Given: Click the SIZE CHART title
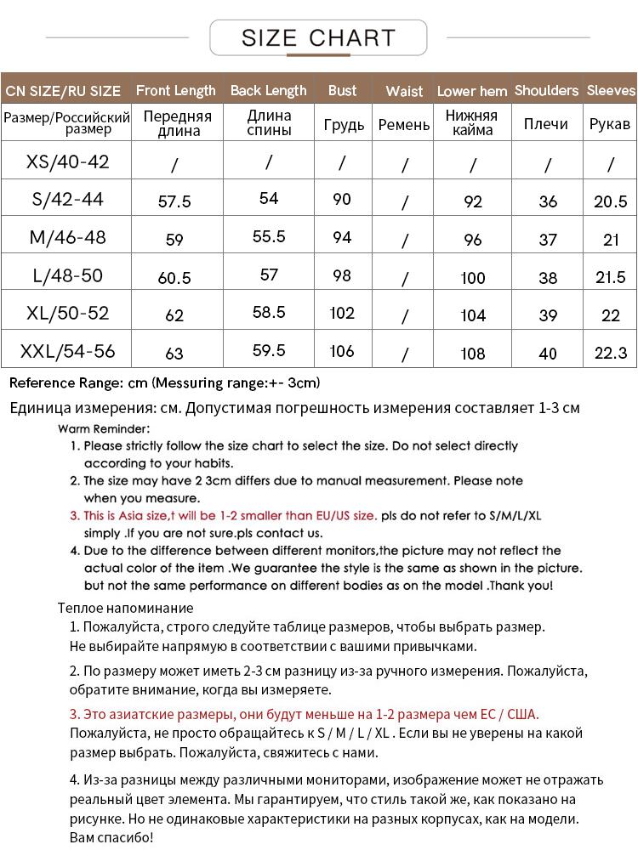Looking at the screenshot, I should (x=318, y=38).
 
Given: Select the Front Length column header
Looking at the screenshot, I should (x=176, y=90).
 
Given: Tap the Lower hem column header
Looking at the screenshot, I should (x=472, y=91).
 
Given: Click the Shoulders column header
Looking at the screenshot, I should (x=546, y=90).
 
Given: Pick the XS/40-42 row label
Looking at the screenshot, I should (x=68, y=161).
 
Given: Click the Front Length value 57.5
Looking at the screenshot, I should (x=175, y=202).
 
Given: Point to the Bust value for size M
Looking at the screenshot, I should (x=342, y=237).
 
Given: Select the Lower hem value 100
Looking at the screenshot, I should (x=472, y=278).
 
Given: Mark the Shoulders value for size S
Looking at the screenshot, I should (x=548, y=201).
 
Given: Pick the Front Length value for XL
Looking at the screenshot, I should (x=174, y=315).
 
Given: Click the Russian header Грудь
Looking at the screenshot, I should (x=344, y=124).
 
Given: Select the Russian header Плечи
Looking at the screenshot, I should (x=546, y=124).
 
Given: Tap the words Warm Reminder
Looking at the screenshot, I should (x=104, y=428).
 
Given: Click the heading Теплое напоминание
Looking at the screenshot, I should (x=126, y=608).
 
